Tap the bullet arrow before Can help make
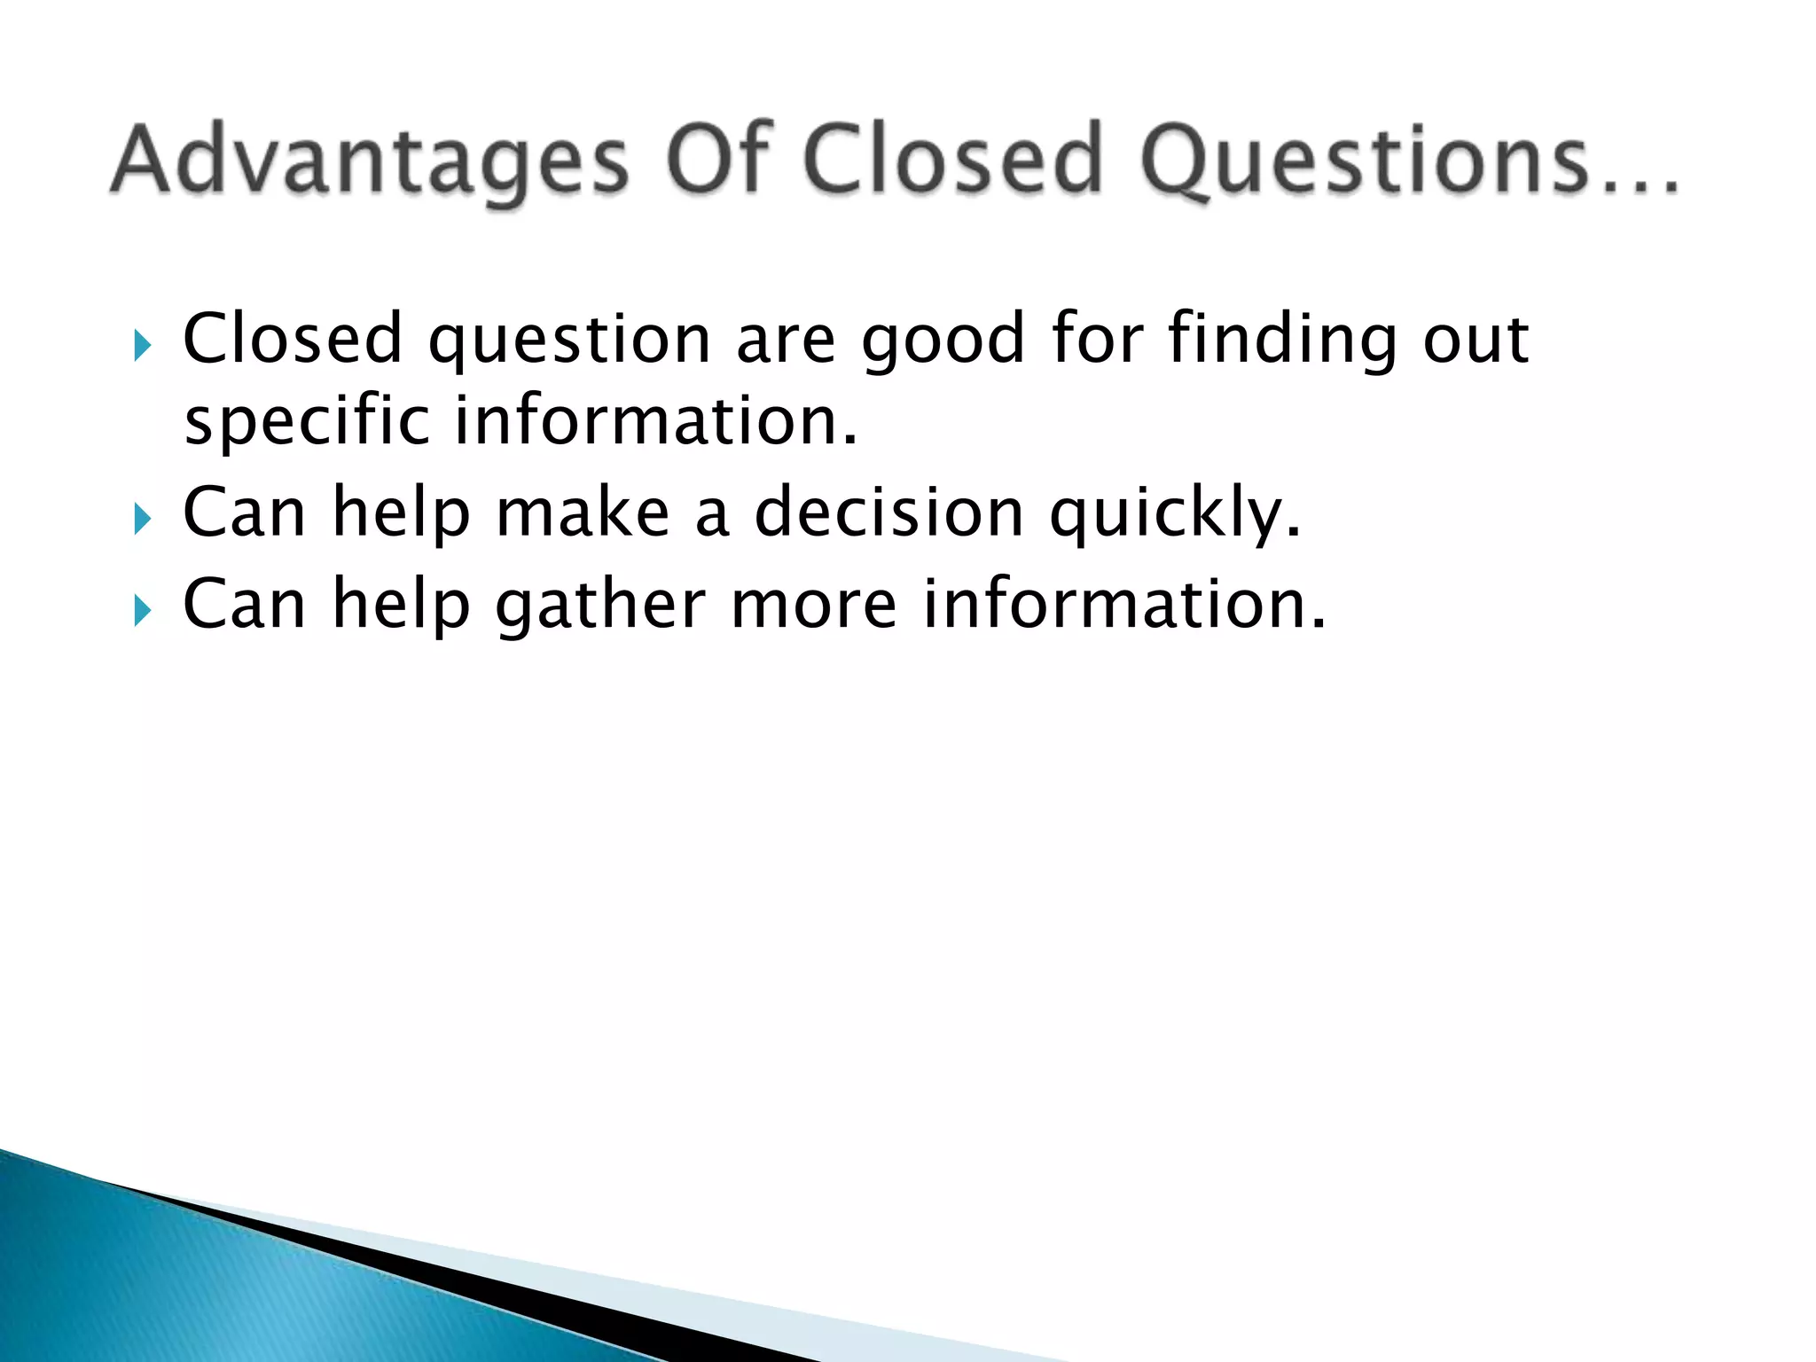click(142, 519)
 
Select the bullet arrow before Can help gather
click(142, 611)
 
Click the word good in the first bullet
click(943, 341)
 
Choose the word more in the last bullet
click(814, 605)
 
